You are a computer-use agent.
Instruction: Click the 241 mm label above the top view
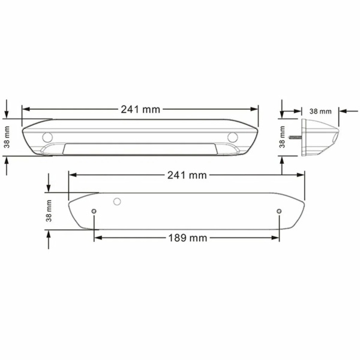[140, 110]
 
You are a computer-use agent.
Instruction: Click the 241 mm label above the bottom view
[187, 175]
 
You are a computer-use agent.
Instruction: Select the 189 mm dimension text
[188, 238]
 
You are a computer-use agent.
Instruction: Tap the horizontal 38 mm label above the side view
[320, 112]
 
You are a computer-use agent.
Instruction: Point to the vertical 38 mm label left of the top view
[7, 137]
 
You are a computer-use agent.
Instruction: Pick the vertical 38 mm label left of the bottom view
[49, 211]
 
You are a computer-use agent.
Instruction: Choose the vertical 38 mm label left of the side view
[282, 137]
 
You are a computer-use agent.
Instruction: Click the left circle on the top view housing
[47, 137]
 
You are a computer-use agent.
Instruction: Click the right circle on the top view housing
[233, 137]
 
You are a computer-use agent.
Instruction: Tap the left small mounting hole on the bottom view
[94, 211]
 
